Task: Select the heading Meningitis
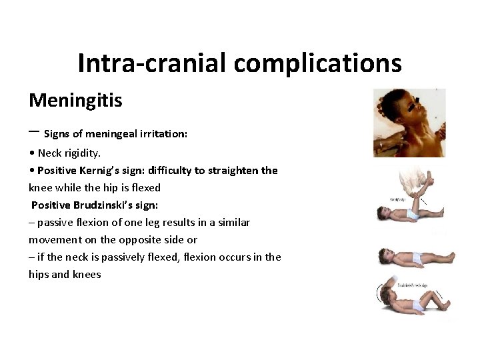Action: tap(75, 101)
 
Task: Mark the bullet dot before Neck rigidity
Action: tap(33, 153)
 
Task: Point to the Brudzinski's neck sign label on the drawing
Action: tap(413, 285)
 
